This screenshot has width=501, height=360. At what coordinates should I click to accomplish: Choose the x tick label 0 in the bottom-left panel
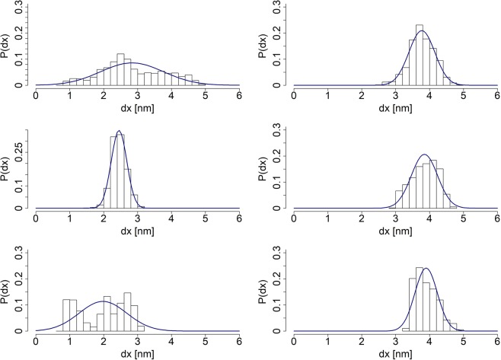click(x=35, y=342)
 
